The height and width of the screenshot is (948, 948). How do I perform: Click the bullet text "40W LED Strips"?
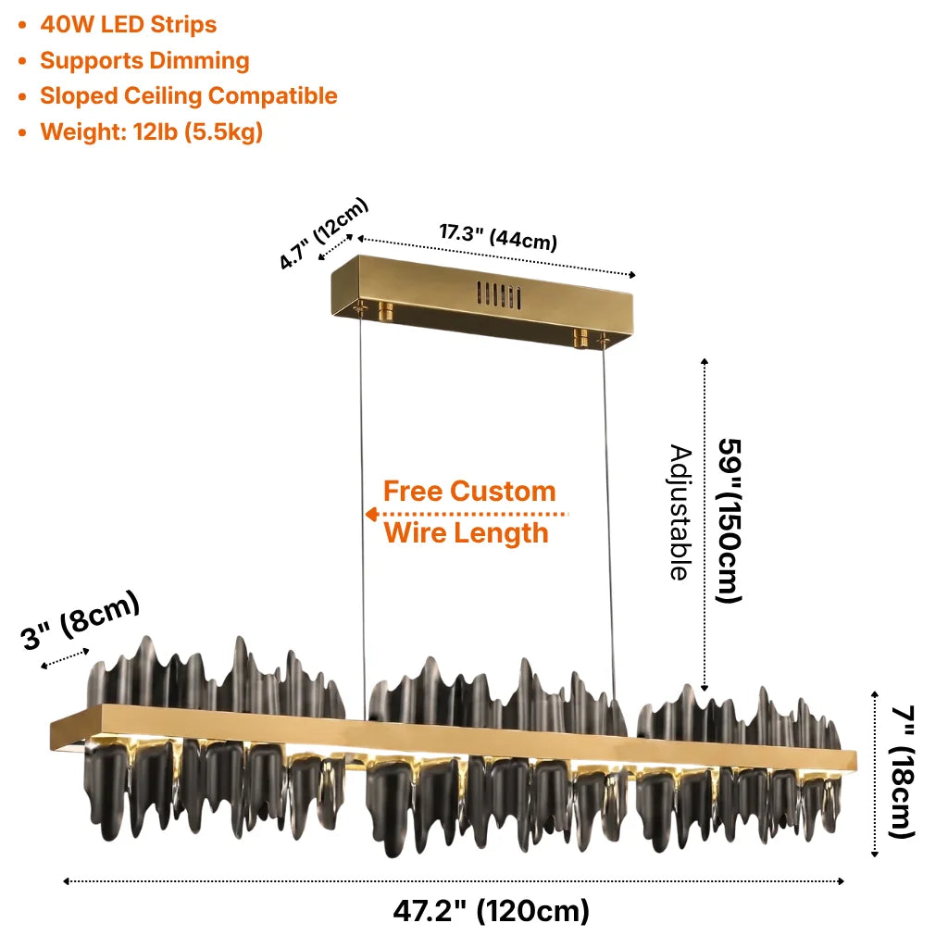[128, 25]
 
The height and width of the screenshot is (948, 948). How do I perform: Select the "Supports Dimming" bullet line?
[144, 61]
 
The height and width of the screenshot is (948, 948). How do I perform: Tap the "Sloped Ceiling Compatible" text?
[189, 96]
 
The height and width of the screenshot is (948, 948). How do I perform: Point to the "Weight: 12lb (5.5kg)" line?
[152, 131]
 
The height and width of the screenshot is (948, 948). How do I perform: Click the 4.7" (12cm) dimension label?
[324, 232]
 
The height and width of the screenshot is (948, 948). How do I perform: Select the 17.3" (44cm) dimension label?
[498, 236]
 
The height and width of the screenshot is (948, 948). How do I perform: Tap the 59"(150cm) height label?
[729, 520]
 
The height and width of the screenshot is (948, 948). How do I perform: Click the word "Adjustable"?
[680, 513]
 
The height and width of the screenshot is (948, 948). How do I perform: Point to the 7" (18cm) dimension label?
[902, 772]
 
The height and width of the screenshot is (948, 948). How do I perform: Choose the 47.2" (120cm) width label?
[491, 911]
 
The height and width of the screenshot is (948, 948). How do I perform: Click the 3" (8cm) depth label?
[81, 620]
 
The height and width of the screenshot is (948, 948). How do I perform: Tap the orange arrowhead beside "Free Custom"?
[372, 515]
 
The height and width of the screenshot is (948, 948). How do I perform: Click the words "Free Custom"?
[469, 491]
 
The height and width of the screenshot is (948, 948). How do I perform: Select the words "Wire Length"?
[467, 533]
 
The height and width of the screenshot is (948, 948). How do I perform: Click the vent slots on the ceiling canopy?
[499, 295]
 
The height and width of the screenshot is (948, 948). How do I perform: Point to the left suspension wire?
[363, 514]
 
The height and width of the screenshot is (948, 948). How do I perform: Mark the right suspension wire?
[608, 520]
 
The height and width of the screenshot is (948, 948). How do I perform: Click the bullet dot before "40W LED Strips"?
[22, 25]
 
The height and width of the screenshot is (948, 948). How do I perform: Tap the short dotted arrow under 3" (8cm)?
[66, 659]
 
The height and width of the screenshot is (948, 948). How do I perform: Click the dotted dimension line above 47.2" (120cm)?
[454, 881]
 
